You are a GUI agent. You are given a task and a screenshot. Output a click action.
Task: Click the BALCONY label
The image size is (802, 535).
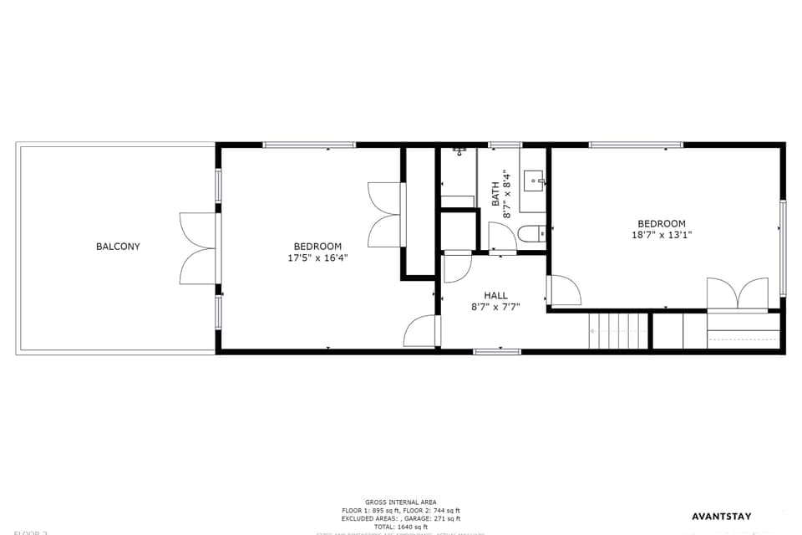(x=118, y=247)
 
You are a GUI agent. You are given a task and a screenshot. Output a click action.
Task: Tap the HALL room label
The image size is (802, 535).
(x=495, y=295)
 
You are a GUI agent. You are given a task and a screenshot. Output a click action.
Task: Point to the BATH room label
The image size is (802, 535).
(x=496, y=194)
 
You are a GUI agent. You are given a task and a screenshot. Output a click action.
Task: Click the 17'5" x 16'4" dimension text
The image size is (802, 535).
(x=317, y=258)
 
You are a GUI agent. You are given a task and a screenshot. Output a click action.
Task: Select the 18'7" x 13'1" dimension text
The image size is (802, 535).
(x=662, y=235)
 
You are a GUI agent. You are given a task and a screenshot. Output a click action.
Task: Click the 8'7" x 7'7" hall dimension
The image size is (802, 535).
(x=495, y=307)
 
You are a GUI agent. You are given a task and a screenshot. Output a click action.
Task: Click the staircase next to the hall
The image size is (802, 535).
(x=619, y=331)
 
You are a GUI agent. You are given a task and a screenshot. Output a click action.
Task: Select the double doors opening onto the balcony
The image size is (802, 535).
(x=199, y=248)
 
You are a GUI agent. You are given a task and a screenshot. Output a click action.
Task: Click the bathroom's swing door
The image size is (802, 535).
(x=501, y=237)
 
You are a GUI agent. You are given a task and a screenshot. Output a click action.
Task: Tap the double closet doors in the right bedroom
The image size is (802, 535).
(x=737, y=294)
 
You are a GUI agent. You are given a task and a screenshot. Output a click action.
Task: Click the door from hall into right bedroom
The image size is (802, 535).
(x=564, y=289)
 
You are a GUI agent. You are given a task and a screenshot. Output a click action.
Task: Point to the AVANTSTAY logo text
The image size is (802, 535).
(x=721, y=517)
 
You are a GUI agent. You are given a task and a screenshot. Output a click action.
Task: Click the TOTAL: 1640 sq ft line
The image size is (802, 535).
(x=400, y=527)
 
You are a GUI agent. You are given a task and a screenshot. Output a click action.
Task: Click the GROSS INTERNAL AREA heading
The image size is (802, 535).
(x=400, y=502)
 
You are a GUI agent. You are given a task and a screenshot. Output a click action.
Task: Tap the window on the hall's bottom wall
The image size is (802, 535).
(x=497, y=352)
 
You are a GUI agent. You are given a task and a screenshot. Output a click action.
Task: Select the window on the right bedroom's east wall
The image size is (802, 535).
(x=783, y=248)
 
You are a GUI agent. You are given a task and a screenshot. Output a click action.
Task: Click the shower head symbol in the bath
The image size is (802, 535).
(x=459, y=151)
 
